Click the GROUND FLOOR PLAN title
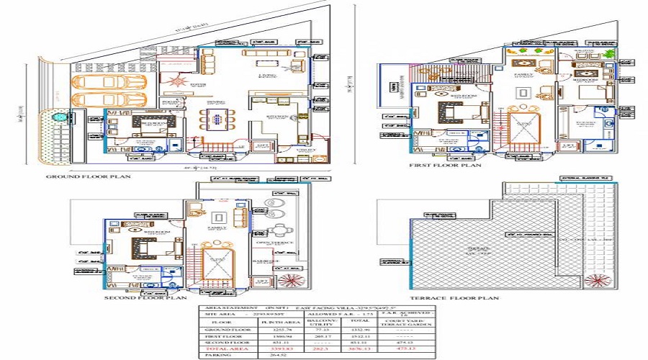click(x=89, y=176)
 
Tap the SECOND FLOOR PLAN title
click(x=145, y=297)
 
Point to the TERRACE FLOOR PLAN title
click(x=454, y=297)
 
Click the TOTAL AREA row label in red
click(x=219, y=348)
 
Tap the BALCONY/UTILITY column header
click(x=314, y=323)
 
